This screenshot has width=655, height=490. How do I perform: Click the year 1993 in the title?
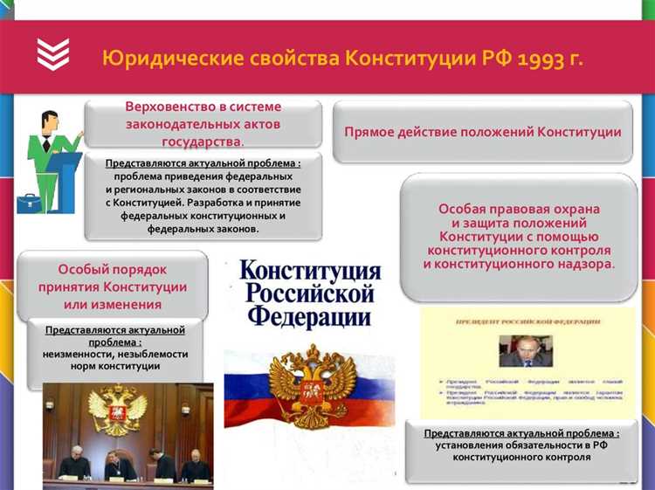click(x=541, y=59)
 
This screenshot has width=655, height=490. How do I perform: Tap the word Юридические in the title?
click(x=167, y=59)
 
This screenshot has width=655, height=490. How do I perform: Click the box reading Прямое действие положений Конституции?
click(x=482, y=132)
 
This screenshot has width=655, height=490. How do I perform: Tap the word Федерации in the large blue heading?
click(x=310, y=315)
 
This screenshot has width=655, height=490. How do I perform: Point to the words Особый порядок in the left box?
click(x=112, y=270)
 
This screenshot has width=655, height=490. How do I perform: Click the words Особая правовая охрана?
click(x=519, y=209)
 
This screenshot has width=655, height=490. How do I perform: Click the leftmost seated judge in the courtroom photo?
click(x=74, y=460)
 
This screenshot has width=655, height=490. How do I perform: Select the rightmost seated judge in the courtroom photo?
click(x=194, y=463)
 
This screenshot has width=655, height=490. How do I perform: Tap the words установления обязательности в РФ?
click(x=521, y=445)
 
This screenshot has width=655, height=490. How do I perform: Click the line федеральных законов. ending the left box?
click(x=203, y=228)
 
